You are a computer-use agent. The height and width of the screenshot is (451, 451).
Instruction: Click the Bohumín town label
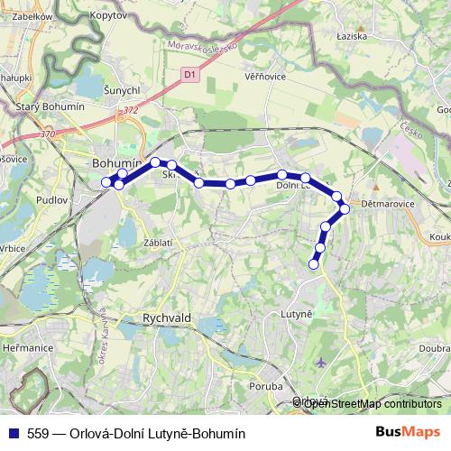(x=118, y=163)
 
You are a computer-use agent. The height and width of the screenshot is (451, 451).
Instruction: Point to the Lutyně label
(x=296, y=313)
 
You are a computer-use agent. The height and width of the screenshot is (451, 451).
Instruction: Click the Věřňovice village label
(x=265, y=77)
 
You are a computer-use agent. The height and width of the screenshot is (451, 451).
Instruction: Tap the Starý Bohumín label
(x=51, y=106)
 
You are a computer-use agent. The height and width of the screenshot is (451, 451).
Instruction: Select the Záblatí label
(x=159, y=243)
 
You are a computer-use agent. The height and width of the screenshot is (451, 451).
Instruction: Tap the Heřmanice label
(x=26, y=347)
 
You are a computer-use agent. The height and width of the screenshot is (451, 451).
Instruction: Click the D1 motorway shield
(x=189, y=74)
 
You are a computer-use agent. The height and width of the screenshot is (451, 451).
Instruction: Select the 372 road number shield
(x=132, y=110)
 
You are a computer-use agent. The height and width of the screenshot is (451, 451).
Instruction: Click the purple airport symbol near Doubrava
(x=322, y=364)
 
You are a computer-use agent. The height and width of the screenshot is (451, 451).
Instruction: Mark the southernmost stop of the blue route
(x=314, y=264)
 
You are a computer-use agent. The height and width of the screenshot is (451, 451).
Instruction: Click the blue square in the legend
(x=14, y=433)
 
